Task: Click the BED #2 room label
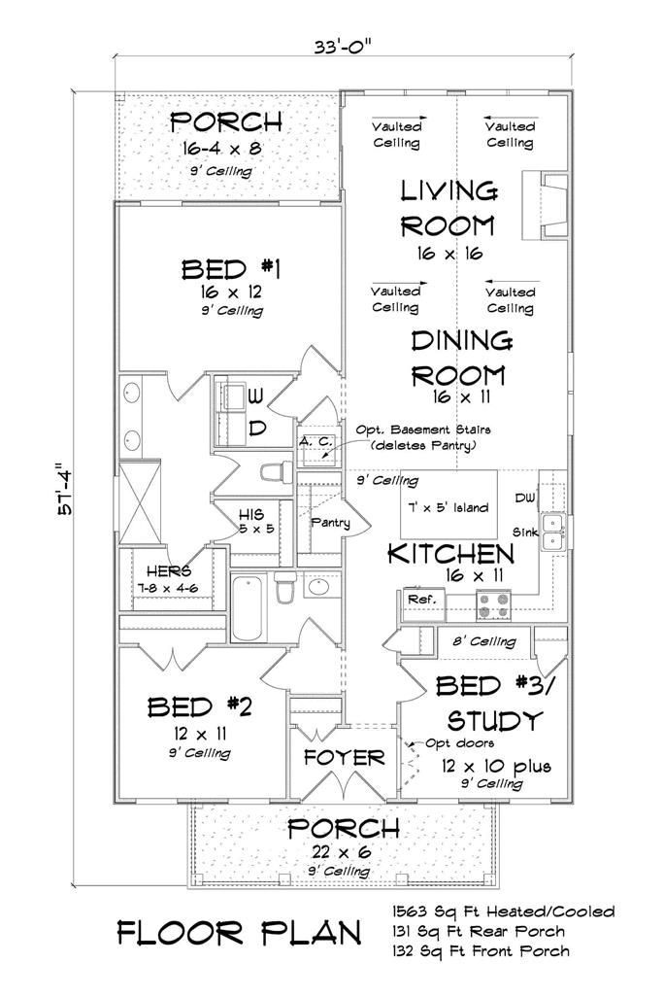click(199, 706)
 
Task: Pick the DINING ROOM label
click(460, 357)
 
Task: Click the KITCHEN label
click(450, 554)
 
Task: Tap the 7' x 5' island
click(448, 507)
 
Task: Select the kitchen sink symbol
click(554, 531)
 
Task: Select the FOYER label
click(344, 757)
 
